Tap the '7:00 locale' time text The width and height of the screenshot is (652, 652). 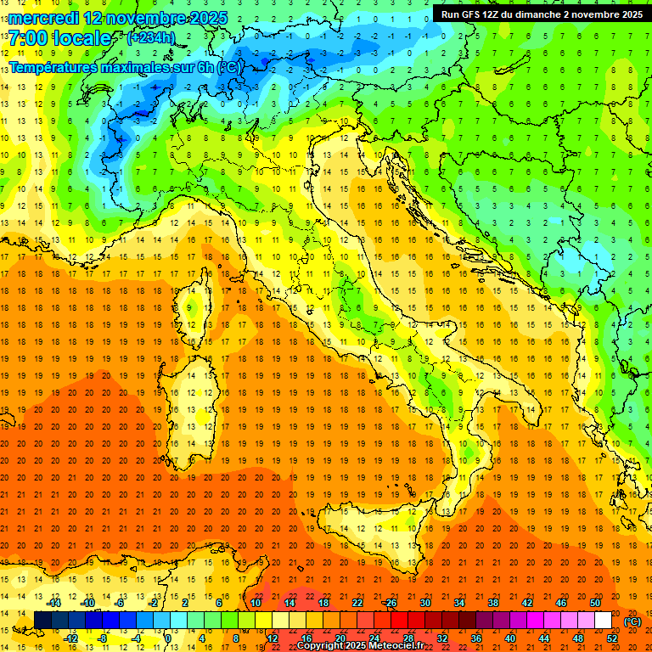[x=59, y=39]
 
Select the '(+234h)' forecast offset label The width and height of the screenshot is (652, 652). [x=151, y=37]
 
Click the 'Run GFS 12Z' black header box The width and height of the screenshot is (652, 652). [x=540, y=14]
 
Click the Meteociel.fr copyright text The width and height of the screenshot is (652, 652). [x=366, y=646]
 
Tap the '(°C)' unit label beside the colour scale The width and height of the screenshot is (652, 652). [x=632, y=621]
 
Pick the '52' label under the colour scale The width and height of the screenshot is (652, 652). [x=612, y=638]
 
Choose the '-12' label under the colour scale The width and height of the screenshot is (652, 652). [x=70, y=638]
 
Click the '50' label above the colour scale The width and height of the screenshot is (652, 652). [x=594, y=603]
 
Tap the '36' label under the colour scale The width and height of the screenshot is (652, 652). [x=476, y=638]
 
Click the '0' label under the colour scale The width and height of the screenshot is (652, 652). [x=169, y=638]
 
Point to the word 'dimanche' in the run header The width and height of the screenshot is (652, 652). [x=540, y=14]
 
